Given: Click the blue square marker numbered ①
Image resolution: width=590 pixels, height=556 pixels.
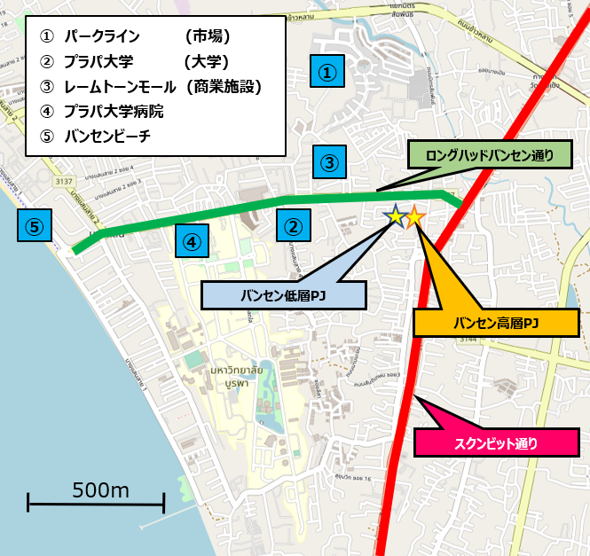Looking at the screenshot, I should (x=328, y=71).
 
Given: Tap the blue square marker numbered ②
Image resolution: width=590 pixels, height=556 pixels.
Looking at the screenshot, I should (x=294, y=226).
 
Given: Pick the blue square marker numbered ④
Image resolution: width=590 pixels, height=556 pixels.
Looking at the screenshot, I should (x=192, y=239).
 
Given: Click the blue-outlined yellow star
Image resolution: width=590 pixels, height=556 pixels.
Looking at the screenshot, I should (x=395, y=215).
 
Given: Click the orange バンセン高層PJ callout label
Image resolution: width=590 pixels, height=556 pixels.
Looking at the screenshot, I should (x=496, y=323).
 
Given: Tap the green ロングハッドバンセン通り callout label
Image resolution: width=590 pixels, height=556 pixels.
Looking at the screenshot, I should (x=489, y=156).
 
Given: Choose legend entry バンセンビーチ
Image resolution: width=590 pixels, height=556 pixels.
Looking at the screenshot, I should (x=106, y=137).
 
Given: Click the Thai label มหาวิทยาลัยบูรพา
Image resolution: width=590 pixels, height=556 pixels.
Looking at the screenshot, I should (x=240, y=375).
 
